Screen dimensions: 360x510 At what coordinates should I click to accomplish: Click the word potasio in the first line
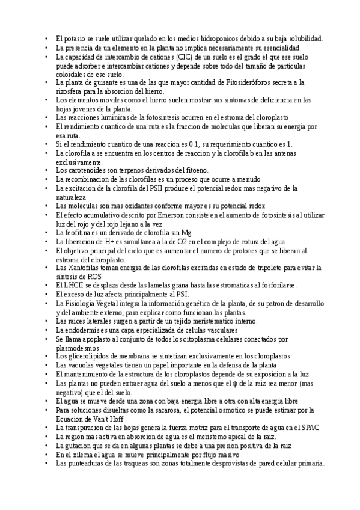point(74,38)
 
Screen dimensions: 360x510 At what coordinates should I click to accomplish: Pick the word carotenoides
point(83,171)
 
